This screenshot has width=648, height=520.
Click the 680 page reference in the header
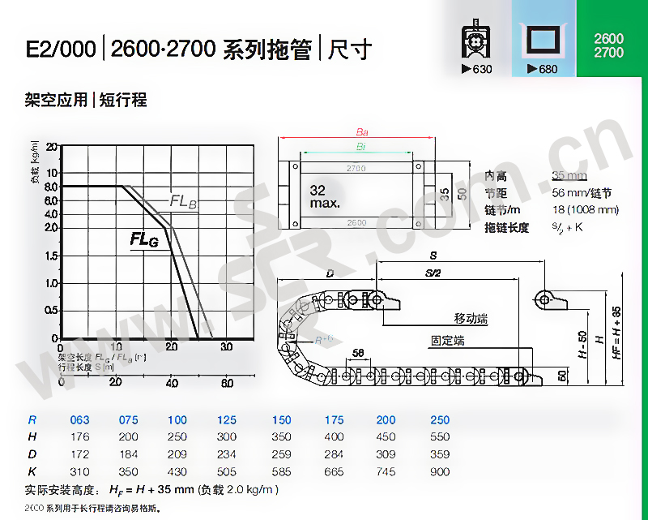point(543,69)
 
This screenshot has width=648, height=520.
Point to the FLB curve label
point(183,202)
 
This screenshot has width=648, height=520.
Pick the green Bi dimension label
point(359,146)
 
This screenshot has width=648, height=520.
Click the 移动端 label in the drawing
point(471,320)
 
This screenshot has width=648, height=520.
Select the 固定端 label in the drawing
point(447,341)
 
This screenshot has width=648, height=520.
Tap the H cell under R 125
point(227,437)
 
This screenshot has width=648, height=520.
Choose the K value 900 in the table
point(440,471)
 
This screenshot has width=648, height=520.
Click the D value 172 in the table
point(80,454)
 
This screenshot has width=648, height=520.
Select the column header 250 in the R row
point(440,420)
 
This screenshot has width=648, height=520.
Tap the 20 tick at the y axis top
point(52,147)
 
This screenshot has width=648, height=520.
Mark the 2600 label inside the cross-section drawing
point(356,222)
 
